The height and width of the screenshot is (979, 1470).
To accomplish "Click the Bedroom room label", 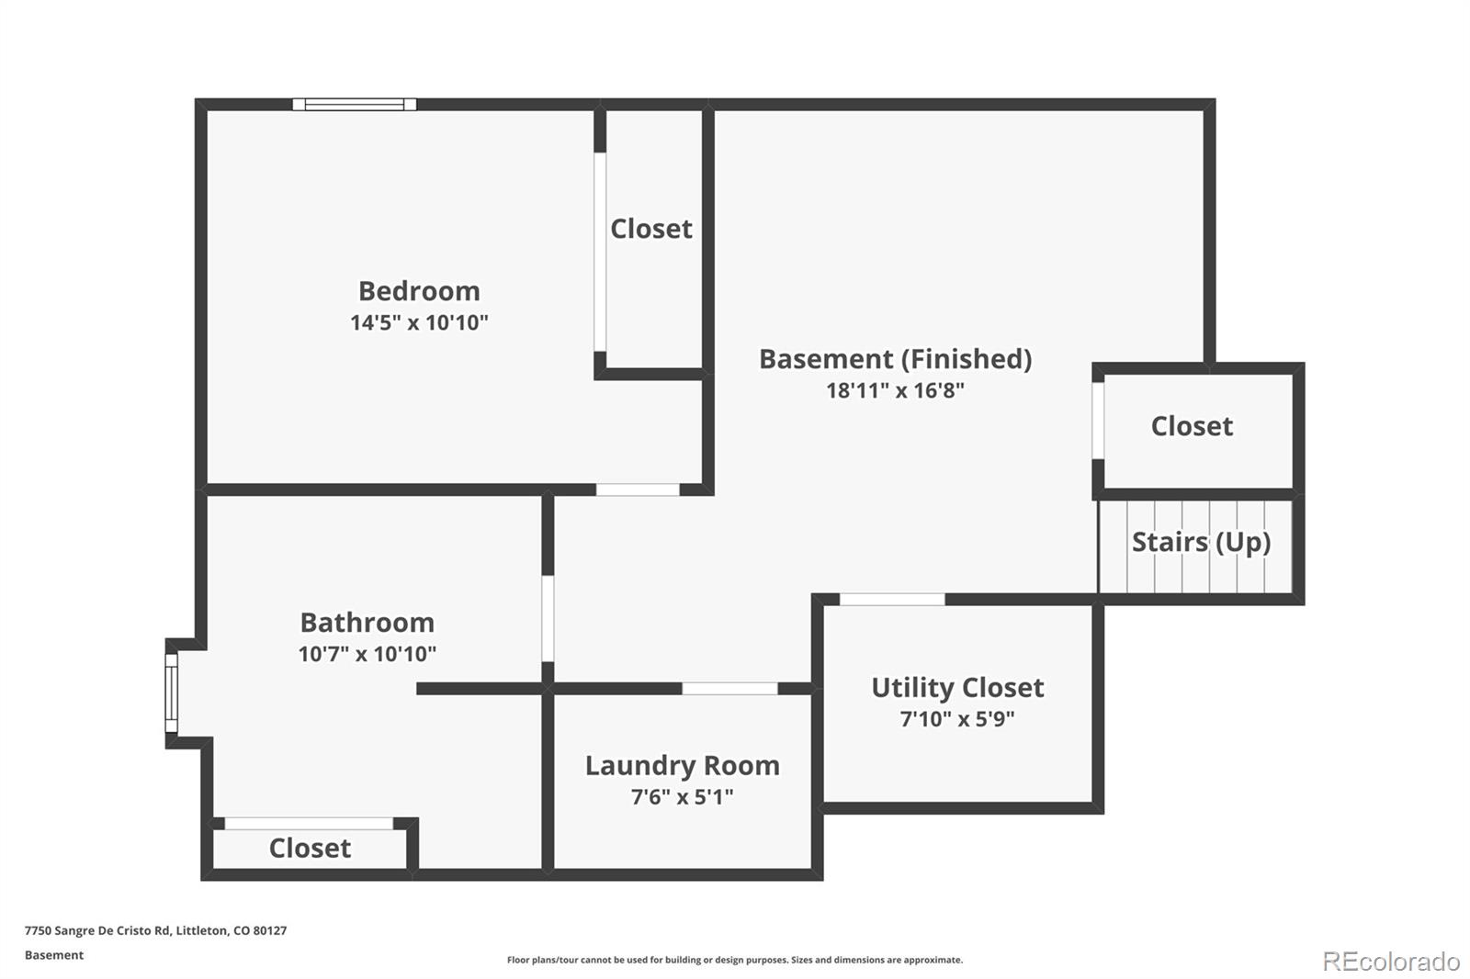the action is [x=419, y=291].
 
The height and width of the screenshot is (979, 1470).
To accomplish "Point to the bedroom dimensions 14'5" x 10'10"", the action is [x=419, y=323].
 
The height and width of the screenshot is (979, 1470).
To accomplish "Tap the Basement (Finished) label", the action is [x=895, y=360].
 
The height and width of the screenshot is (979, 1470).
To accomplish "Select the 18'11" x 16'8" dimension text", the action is [x=895, y=391].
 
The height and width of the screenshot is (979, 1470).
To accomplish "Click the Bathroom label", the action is [x=367, y=623].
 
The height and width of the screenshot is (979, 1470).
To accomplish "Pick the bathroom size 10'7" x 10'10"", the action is [x=367, y=654].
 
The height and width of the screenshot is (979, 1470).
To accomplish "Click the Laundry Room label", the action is [x=683, y=766].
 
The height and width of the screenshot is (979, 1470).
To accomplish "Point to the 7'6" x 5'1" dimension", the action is [x=683, y=797].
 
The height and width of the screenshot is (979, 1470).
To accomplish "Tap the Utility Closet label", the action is [x=957, y=688].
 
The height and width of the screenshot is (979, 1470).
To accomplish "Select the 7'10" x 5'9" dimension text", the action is [x=957, y=720].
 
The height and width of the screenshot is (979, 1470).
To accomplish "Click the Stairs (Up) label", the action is [x=1201, y=543].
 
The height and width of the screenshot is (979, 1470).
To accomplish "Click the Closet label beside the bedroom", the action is [x=651, y=229].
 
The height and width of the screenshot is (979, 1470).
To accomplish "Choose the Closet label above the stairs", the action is [x=1192, y=426].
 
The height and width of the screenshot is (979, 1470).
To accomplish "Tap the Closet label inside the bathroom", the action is [x=310, y=849].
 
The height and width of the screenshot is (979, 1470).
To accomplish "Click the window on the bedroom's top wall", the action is [x=355, y=105].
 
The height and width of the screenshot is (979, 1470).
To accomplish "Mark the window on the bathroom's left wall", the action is [x=171, y=692].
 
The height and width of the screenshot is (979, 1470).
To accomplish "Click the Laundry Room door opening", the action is [x=729, y=688].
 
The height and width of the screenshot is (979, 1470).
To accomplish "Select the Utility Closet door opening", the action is [x=892, y=599].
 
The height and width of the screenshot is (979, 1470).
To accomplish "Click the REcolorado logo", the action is [x=1391, y=962].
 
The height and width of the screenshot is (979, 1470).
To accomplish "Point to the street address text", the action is [x=155, y=930].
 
